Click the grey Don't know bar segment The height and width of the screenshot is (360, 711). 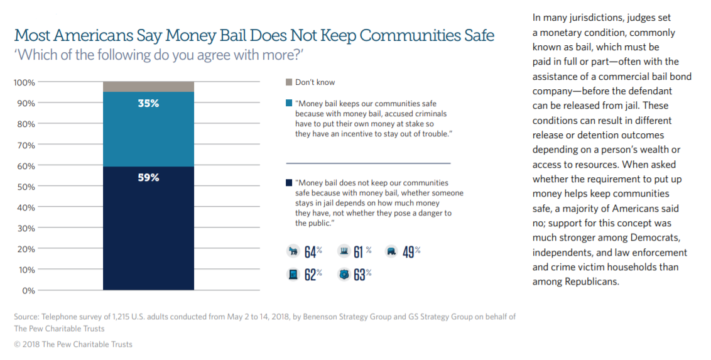click(x=148, y=87)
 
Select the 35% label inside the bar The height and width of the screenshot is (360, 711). click(x=148, y=104)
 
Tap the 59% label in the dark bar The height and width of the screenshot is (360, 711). click(x=148, y=178)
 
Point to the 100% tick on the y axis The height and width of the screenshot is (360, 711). click(x=25, y=82)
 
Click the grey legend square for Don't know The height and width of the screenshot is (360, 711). click(x=289, y=82)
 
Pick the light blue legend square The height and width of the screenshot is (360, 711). click(x=289, y=102)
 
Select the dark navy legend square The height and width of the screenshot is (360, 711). click(x=289, y=183)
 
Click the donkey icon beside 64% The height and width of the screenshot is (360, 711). click(x=292, y=251)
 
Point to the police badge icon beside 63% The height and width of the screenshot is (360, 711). click(x=342, y=275)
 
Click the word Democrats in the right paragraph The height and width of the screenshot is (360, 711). click(x=658, y=238)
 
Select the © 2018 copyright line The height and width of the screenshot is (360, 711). click(x=73, y=344)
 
